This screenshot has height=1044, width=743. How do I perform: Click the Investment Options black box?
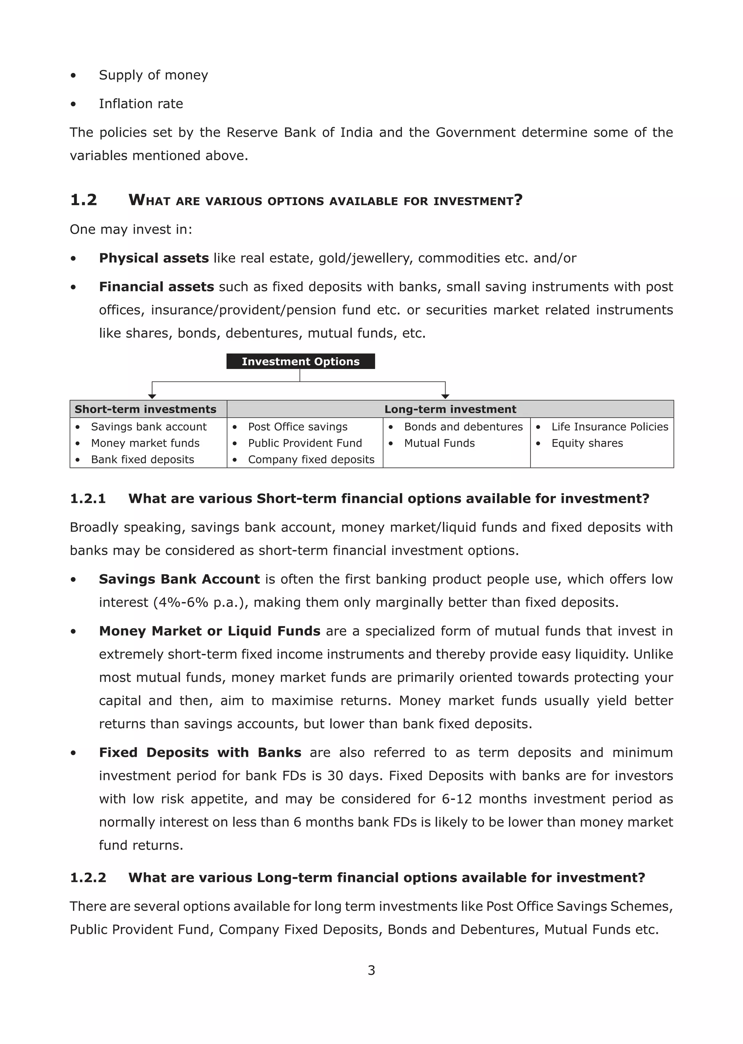coord(301,361)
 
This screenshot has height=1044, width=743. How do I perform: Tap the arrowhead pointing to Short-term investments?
coord(152,396)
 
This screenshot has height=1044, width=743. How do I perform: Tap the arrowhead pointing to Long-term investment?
coord(445,396)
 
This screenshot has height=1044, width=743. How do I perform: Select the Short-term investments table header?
coord(145,409)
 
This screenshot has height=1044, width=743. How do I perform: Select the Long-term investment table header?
coord(450,409)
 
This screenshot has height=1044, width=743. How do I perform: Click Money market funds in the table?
coord(145,443)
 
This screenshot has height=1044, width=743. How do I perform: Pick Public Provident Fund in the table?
coord(305,443)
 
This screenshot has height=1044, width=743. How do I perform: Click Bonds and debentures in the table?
coord(463,426)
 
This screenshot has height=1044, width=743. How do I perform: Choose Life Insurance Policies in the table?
coord(609,426)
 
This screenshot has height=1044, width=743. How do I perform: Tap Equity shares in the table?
coord(587,443)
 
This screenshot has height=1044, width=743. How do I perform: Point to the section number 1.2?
coord(84,200)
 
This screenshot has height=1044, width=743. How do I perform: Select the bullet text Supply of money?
coord(153,75)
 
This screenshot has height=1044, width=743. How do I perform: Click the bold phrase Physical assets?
coord(154,258)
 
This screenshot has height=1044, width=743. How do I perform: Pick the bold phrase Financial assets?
coord(156,287)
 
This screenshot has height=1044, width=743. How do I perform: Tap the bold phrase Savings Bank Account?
coord(179,579)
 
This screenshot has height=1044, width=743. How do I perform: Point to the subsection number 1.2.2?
coord(88,877)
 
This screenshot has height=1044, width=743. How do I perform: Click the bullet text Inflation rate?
coord(141,104)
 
